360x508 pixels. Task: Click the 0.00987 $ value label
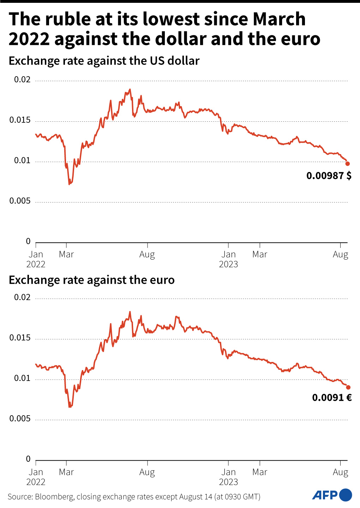point(329,176)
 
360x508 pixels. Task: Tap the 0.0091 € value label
point(332,398)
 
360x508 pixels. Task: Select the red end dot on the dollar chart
point(348,164)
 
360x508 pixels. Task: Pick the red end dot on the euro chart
point(348,387)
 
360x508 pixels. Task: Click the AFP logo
point(332,495)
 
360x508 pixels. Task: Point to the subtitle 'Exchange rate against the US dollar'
point(104,61)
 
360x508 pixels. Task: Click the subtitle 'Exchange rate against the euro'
point(92,280)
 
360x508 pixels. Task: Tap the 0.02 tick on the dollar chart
point(22,80)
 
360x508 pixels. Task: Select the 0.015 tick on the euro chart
point(20,338)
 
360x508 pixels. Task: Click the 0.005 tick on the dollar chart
point(20,201)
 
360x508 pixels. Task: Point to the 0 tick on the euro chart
point(28,459)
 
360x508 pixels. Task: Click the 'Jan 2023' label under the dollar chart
point(228,259)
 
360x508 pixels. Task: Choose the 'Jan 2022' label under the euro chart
point(36,477)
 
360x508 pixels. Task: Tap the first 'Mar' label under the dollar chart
point(66,254)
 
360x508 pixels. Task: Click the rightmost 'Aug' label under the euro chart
point(341,472)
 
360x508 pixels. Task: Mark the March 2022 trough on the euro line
point(70,407)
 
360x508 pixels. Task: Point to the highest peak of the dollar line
point(130,89)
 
